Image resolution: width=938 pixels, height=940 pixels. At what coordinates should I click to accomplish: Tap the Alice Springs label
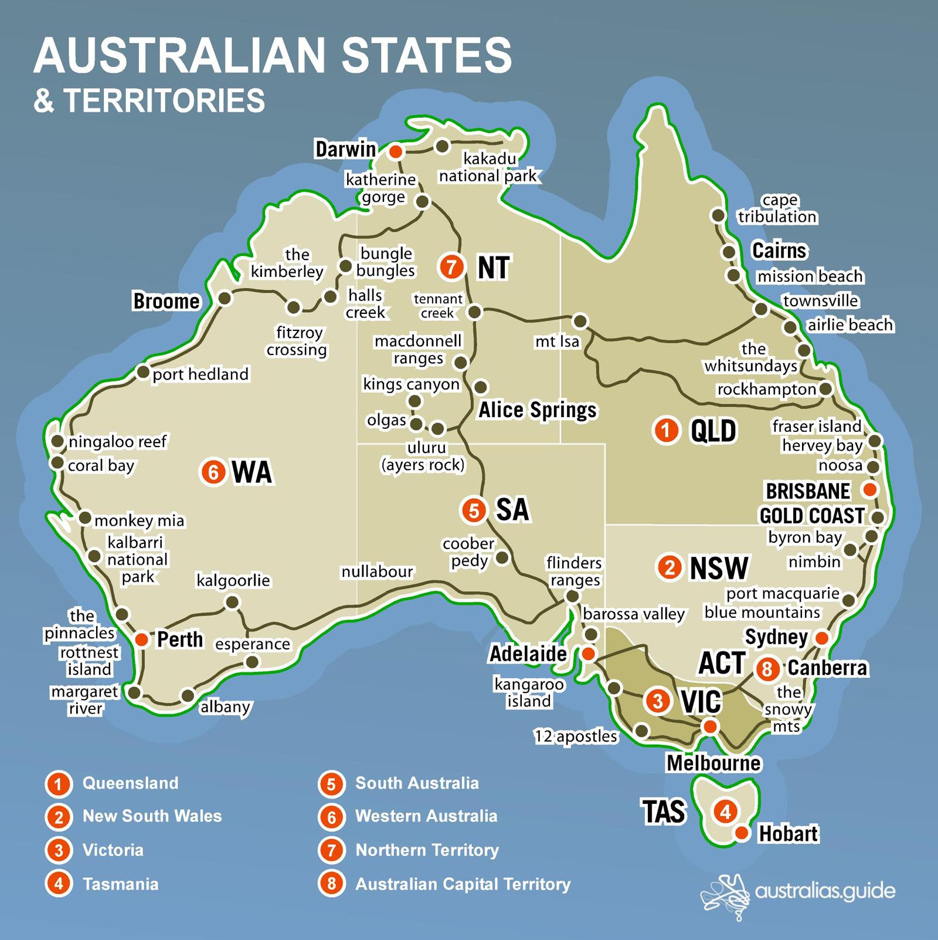537,410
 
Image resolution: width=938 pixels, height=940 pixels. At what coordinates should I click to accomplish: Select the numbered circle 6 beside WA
213,472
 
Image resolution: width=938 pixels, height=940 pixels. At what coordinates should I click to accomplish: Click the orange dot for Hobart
742,833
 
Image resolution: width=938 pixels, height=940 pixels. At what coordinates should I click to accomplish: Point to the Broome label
166,301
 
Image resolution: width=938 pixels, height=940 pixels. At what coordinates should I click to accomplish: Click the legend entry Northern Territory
427,850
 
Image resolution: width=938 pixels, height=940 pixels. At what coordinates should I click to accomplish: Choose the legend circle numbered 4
59,884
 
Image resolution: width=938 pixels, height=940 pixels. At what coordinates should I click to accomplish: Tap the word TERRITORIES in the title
165,100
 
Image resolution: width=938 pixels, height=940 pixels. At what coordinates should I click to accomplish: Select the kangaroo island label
529,692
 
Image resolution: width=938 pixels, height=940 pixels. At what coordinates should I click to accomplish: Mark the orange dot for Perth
141,640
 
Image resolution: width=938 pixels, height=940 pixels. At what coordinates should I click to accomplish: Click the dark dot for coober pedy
502,557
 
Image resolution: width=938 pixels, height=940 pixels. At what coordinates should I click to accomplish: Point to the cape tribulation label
777,209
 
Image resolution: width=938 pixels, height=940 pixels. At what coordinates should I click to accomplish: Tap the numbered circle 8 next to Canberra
767,668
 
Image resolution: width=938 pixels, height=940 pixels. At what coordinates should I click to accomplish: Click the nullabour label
377,572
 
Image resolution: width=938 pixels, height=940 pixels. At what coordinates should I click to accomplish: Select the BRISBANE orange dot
871,489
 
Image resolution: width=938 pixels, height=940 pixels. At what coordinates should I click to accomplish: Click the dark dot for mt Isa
580,321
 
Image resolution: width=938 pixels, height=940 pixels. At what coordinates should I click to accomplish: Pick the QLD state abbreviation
713,431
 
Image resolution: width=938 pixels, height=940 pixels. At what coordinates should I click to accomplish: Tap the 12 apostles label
575,736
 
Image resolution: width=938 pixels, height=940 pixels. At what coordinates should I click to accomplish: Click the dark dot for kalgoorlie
232,602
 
